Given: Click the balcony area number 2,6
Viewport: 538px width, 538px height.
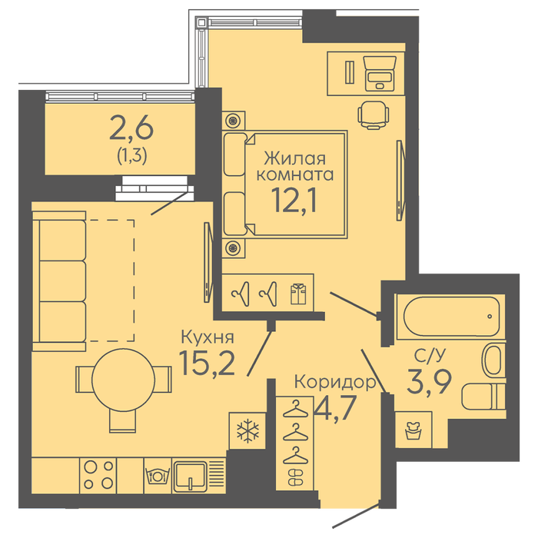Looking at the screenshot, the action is tap(131, 128).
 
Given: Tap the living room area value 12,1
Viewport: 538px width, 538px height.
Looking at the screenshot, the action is tap(294, 201).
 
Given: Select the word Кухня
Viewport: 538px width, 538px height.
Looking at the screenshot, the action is tap(208, 337).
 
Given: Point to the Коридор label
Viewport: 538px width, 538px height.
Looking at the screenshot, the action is tap(335, 381).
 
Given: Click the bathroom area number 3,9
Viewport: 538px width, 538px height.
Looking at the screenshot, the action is tap(429, 381).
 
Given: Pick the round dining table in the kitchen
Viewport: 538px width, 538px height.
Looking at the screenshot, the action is tap(124, 378).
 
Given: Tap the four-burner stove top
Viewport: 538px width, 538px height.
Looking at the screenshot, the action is tap(98, 475).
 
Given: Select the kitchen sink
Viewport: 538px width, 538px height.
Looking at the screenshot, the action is tap(191, 476).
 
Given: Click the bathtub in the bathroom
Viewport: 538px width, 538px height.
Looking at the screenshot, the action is tap(452, 317).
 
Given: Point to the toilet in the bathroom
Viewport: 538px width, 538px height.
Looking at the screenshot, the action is tap(483, 397).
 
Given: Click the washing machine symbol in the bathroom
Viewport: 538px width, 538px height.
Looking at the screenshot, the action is tap(413, 430).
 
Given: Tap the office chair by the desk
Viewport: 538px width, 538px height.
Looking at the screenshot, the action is tap(374, 115).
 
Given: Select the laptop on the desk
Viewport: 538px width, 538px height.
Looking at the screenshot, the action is tap(380, 74).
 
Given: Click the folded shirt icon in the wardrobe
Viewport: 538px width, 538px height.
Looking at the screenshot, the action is tap(298, 294).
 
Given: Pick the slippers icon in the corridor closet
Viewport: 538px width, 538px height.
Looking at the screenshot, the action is tap(295, 477).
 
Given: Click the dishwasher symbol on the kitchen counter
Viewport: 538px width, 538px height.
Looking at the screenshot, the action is tap(158, 476).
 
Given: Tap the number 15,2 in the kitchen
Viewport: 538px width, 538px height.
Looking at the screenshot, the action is tap(208, 364).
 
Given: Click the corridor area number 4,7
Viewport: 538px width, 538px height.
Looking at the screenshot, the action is tap(335, 407).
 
